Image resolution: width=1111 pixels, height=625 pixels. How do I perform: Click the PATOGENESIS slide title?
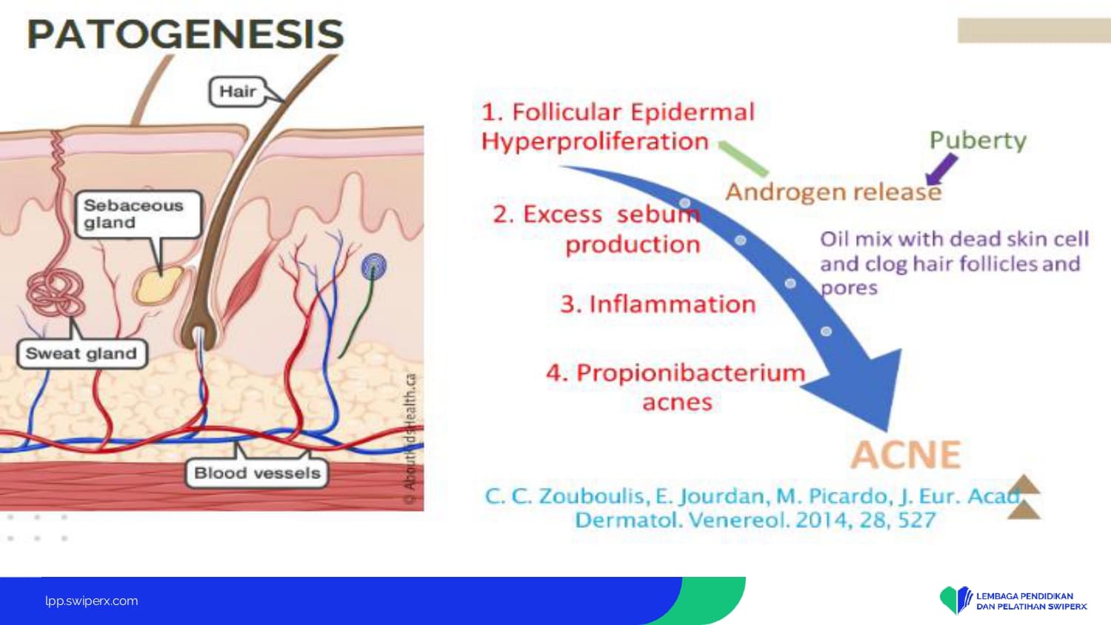pyautogui.click(x=185, y=34)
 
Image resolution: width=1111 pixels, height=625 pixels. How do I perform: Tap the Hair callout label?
pyautogui.click(x=238, y=92)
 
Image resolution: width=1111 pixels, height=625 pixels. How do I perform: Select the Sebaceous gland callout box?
pyautogui.click(x=139, y=214)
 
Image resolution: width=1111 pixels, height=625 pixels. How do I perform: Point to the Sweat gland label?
pyautogui.click(x=81, y=354)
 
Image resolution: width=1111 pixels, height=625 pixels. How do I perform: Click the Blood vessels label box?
pyautogui.click(x=257, y=473)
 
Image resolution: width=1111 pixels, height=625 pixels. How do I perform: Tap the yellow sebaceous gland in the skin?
pyautogui.click(x=159, y=286)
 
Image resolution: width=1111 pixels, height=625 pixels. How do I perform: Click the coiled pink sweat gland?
pyautogui.click(x=55, y=293)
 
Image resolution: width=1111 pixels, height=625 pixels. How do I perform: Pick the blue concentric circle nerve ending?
pyautogui.click(x=374, y=266)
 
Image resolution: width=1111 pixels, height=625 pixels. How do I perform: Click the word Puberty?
pyautogui.click(x=978, y=141)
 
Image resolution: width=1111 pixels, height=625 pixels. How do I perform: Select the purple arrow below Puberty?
pyautogui.click(x=941, y=170)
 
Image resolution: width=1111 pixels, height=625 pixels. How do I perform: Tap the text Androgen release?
pyautogui.click(x=833, y=192)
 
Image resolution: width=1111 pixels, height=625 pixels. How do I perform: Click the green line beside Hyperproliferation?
pyautogui.click(x=743, y=158)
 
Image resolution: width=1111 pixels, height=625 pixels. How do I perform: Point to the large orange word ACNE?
pyautogui.click(x=906, y=455)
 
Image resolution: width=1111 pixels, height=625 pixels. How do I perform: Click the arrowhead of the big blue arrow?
pyautogui.click(x=863, y=392)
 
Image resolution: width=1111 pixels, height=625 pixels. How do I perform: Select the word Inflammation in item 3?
pyautogui.click(x=673, y=304)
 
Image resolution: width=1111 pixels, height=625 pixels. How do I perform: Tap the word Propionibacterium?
pyautogui.click(x=690, y=373)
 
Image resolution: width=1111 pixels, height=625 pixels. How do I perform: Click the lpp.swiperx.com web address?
pyautogui.click(x=92, y=601)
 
